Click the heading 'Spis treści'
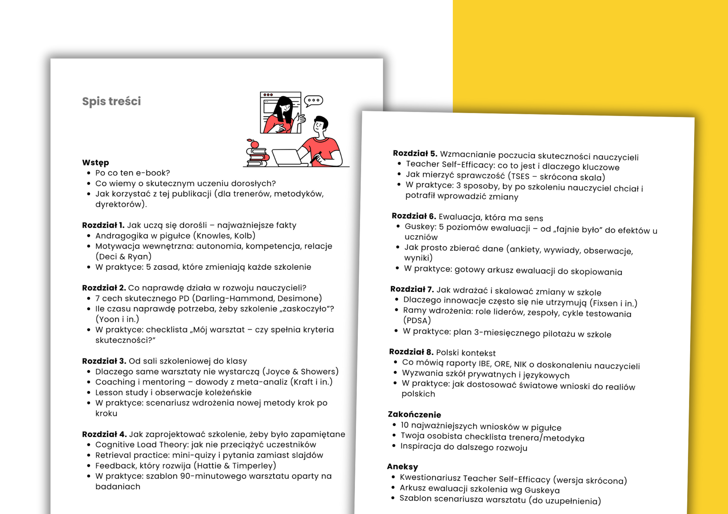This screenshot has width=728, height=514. (x=111, y=101)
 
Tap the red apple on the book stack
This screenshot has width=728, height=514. (x=254, y=144)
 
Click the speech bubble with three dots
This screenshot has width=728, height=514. (x=313, y=100)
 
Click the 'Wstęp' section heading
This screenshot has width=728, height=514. (x=95, y=162)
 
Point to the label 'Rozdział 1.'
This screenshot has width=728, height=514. (x=103, y=225)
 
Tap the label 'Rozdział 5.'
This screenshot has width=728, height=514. (x=415, y=153)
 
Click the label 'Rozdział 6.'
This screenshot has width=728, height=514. (x=414, y=216)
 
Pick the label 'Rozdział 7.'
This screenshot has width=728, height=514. (x=412, y=289)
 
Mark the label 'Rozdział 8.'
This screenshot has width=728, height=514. (x=411, y=352)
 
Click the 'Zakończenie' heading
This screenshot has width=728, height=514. (x=414, y=414)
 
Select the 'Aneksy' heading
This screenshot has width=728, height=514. (x=403, y=466)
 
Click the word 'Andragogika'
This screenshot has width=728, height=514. (x=122, y=236)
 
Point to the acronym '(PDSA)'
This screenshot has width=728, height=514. (x=417, y=320)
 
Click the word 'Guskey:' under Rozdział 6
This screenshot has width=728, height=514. (x=420, y=226)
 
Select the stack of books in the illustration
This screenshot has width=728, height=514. (x=257, y=157)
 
